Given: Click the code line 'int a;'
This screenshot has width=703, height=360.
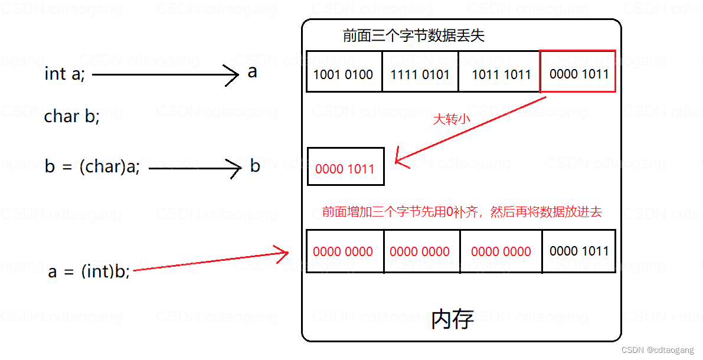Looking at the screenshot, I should [64, 74].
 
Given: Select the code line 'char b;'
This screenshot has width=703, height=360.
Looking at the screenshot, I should [71, 117].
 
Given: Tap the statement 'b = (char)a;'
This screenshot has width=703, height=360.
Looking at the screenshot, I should [92, 167].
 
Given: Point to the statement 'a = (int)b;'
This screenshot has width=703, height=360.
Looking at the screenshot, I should [89, 271].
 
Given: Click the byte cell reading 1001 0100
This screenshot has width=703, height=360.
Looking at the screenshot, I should [343, 74].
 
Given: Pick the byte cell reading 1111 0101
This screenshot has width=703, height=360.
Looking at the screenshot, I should [420, 74].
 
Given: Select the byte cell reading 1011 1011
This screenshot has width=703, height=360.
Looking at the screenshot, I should [501, 74].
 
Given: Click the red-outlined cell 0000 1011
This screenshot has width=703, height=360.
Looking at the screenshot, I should [578, 74].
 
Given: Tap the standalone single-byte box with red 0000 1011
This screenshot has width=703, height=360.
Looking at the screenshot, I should [345, 169].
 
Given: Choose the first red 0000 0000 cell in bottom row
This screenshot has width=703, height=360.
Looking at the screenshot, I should [343, 252].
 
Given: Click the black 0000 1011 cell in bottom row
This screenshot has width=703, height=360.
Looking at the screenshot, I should [578, 251].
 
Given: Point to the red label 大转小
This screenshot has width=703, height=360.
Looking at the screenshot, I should [452, 120].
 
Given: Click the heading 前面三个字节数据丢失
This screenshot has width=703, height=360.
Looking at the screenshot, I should [413, 35].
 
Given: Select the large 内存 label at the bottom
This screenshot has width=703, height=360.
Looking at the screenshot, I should [452, 319].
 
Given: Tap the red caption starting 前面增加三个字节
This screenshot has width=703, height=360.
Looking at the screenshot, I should [462, 212].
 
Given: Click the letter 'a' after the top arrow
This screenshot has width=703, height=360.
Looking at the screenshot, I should [252, 73].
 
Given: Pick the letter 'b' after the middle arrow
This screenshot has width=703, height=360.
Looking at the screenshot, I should [255, 166].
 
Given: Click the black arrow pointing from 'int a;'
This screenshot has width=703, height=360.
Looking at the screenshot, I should [165, 75].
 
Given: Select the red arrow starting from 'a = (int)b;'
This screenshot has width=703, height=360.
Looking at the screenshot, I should [210, 261].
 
